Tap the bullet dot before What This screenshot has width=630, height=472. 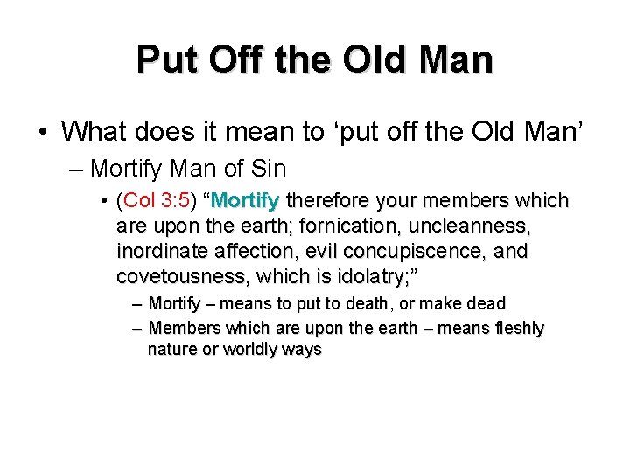click(42, 132)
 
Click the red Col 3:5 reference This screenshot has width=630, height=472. click(157, 201)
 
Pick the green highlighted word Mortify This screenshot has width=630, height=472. click(244, 201)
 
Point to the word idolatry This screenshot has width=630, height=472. click(362, 277)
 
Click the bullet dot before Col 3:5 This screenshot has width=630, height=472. click(105, 202)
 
